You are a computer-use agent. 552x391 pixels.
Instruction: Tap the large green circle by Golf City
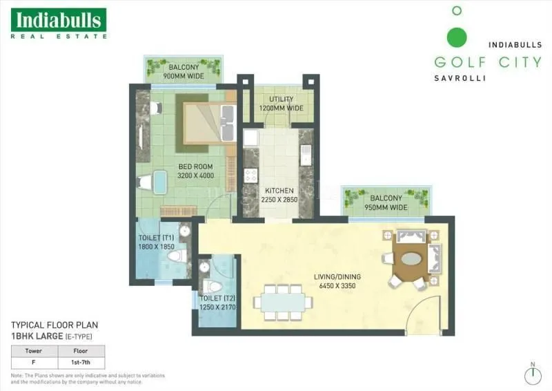(x=456, y=37)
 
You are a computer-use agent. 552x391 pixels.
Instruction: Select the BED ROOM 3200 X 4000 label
(x=196, y=171)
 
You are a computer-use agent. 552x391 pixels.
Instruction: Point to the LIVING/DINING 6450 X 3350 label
(x=337, y=282)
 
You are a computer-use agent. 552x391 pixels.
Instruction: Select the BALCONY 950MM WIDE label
(x=386, y=202)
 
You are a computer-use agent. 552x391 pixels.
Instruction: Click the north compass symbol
(x=532, y=375)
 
